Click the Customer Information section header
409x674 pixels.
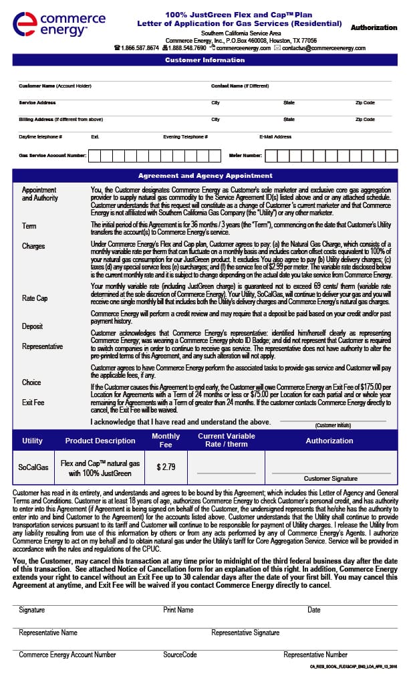point(205,60)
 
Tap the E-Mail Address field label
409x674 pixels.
point(275,136)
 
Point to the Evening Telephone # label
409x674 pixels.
point(185,136)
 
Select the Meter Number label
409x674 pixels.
point(245,155)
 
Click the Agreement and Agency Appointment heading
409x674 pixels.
point(205,176)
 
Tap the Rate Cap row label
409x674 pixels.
point(35,298)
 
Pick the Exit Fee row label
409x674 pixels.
point(33,403)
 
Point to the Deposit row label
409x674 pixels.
point(32,326)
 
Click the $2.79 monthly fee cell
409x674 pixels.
point(166,467)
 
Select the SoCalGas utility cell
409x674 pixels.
point(32,467)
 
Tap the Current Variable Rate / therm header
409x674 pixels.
point(226,440)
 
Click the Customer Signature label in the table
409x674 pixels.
point(330,479)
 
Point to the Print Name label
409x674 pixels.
point(178,610)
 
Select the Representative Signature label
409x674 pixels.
point(245,632)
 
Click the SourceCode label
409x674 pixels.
point(180,655)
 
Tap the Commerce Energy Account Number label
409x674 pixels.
point(67,655)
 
